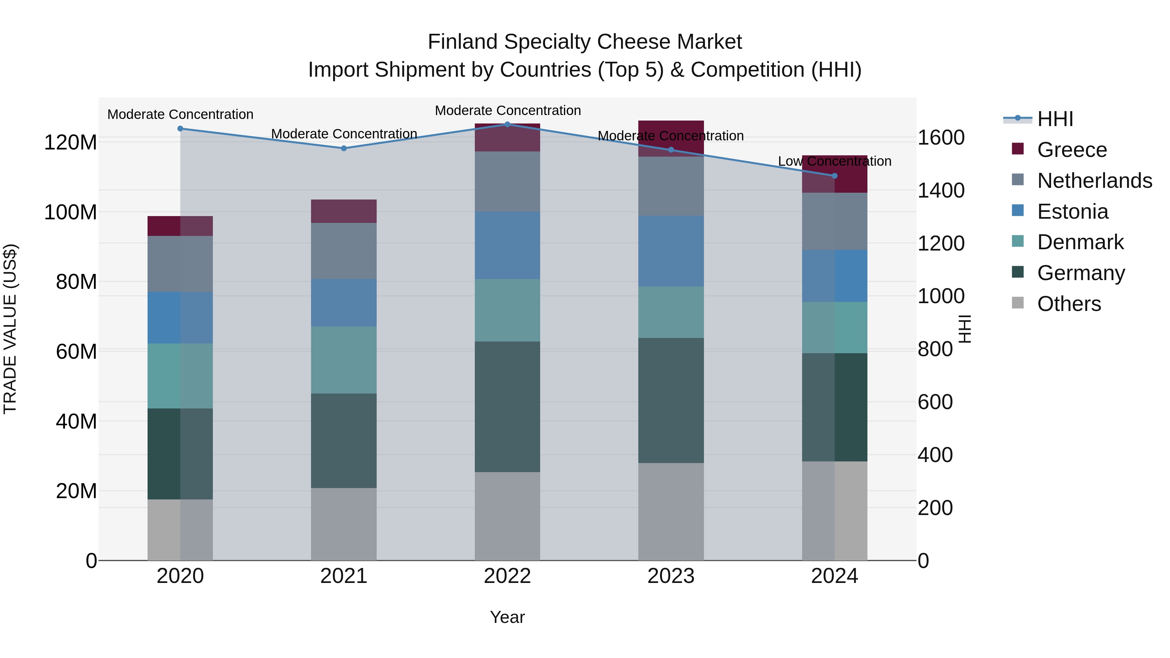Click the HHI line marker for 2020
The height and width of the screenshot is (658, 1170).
[180, 128]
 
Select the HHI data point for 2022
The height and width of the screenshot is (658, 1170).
[507, 124]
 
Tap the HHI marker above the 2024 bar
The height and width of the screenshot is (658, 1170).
[834, 176]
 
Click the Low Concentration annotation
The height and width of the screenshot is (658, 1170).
[834, 161]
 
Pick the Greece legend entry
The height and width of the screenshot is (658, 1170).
[1072, 150]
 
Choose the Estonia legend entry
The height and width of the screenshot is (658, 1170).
[1072, 212]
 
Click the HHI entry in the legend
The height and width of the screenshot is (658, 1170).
[1055, 119]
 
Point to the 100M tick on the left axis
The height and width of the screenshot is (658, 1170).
[71, 212]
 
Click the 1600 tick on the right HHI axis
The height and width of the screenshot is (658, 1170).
[941, 137]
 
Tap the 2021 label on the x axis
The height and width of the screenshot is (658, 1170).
[344, 576]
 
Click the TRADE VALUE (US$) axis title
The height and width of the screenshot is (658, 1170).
[10, 329]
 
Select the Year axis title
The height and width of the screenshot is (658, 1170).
[507, 617]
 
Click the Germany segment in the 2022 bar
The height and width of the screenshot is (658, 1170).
[507, 406]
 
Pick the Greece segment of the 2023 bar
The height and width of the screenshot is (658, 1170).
[671, 138]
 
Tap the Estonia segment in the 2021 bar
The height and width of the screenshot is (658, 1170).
[344, 303]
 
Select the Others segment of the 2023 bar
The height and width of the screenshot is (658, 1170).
[671, 511]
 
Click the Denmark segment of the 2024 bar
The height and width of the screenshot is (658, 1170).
[834, 328]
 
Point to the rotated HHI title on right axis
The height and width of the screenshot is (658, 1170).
[965, 329]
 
